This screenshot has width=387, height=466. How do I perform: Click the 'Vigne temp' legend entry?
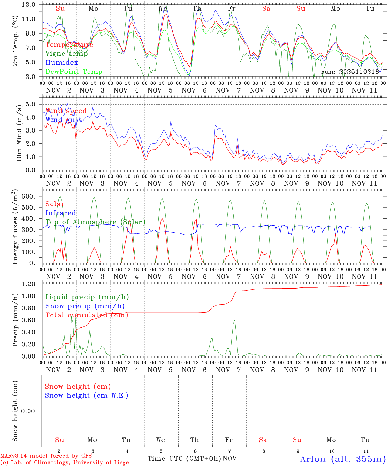(66, 54)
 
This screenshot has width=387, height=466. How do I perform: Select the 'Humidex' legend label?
(62, 63)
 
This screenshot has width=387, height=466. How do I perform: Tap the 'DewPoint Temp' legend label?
(74, 72)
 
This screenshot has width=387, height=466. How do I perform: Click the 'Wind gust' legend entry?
(64, 120)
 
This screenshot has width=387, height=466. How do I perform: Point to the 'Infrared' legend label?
(61, 213)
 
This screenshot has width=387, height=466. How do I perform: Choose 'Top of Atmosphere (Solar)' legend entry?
(95, 222)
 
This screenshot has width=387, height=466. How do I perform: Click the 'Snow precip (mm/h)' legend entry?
(85, 306)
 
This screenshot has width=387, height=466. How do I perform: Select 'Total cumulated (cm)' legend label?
(87, 315)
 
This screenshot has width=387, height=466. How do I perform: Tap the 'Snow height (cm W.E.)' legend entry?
(87, 395)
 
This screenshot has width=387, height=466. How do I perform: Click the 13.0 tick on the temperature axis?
(29, 5)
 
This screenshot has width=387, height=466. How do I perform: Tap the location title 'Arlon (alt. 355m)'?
(343, 459)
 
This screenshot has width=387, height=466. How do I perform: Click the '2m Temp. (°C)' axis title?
(15, 40)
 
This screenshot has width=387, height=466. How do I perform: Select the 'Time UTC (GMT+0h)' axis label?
(184, 459)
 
